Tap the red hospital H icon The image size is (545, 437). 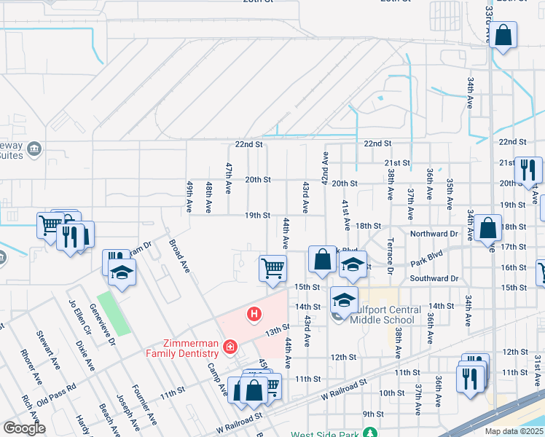pyautogui.click(x=254, y=315)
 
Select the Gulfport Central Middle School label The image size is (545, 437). pyautogui.click(x=385, y=315)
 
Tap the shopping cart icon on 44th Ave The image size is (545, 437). pyautogui.click(x=272, y=267)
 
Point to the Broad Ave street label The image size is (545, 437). pyautogui.click(x=180, y=256)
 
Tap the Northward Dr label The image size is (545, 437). pyautogui.click(x=433, y=234)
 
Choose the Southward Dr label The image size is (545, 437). pyautogui.click(x=434, y=278)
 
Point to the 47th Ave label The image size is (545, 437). pyautogui.click(x=228, y=178)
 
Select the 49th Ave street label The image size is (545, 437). pyautogui.click(x=189, y=197)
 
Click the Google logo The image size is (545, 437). pyautogui.click(x=24, y=428)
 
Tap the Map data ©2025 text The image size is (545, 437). pyautogui.click(x=514, y=431)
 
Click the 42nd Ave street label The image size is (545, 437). pyautogui.click(x=325, y=168)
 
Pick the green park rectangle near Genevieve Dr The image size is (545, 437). pyautogui.click(x=114, y=312)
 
